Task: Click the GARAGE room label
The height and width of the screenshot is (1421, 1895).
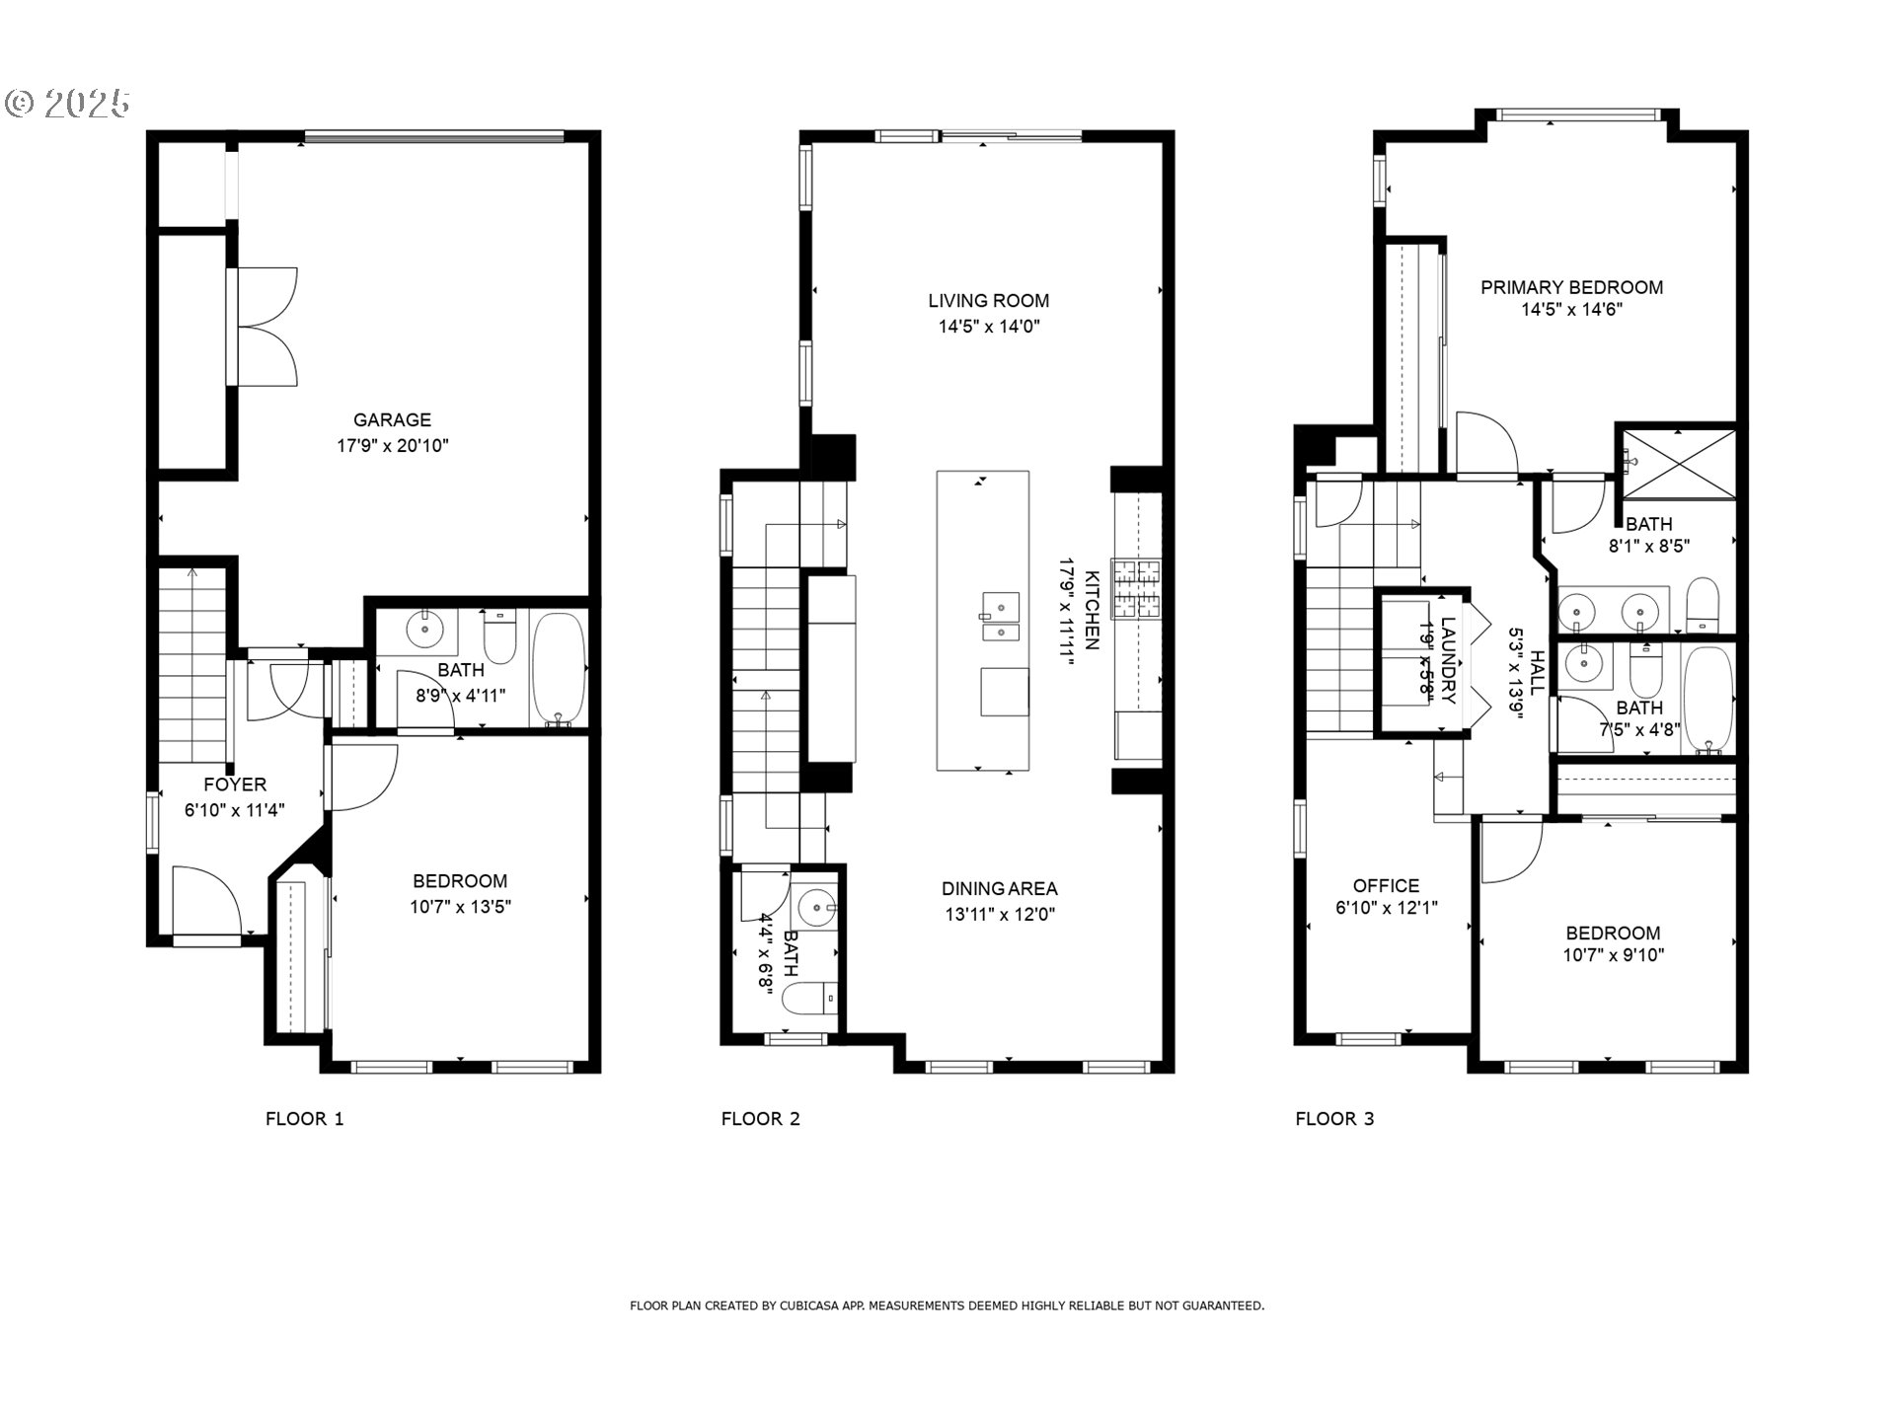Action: pyautogui.click(x=392, y=419)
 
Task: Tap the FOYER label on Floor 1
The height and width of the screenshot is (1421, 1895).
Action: pyautogui.click(x=235, y=785)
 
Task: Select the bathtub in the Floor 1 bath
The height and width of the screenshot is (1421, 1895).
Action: pyautogui.click(x=560, y=669)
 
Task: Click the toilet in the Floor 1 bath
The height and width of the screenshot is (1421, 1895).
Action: pyautogui.click(x=500, y=636)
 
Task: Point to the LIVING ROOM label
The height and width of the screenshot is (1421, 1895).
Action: pyautogui.click(x=988, y=301)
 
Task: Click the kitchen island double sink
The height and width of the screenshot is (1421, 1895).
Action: pyautogui.click(x=1000, y=618)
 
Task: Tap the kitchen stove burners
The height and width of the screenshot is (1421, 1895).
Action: pyautogui.click(x=1138, y=589)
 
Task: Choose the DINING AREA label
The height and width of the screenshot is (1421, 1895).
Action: pyautogui.click(x=1000, y=889)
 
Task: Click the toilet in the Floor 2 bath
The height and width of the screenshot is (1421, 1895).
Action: pyautogui.click(x=809, y=999)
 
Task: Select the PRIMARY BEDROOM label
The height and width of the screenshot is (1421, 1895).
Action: pyautogui.click(x=1572, y=287)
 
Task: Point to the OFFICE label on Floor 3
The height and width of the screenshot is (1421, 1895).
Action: pyautogui.click(x=1386, y=886)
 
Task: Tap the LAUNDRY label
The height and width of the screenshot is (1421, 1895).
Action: pyautogui.click(x=1448, y=660)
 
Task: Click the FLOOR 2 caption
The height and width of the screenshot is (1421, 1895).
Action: pyautogui.click(x=760, y=1118)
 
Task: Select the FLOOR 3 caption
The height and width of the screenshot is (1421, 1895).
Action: pyautogui.click(x=1334, y=1118)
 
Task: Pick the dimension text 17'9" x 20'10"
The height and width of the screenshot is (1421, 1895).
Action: pyautogui.click(x=393, y=445)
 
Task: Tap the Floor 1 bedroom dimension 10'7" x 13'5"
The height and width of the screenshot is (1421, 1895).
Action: pyautogui.click(x=461, y=907)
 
